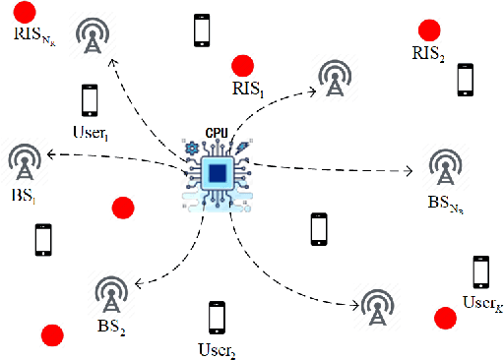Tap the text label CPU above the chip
(217, 132)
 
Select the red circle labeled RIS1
(241, 67)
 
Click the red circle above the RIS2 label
(428, 30)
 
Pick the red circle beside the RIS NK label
(25, 13)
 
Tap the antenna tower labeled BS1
(24, 162)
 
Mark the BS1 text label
(22, 198)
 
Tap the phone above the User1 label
(90, 100)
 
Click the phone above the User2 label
(216, 318)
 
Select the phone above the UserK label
(480, 270)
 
